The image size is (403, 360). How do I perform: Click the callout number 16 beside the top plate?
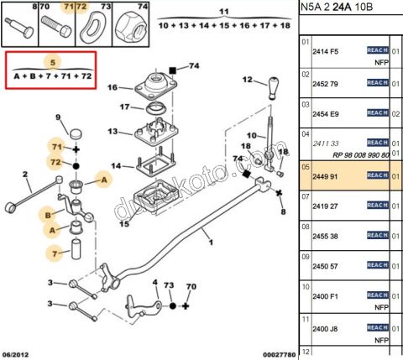click(x=113, y=86)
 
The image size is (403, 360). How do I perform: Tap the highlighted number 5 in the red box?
click(x=53, y=62)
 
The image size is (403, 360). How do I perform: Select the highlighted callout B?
click(x=50, y=215)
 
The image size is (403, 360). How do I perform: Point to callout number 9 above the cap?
click(x=58, y=117)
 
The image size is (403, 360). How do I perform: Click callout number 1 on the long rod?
click(x=211, y=243)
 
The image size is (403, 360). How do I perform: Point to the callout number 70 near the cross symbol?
click(x=191, y=287)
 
